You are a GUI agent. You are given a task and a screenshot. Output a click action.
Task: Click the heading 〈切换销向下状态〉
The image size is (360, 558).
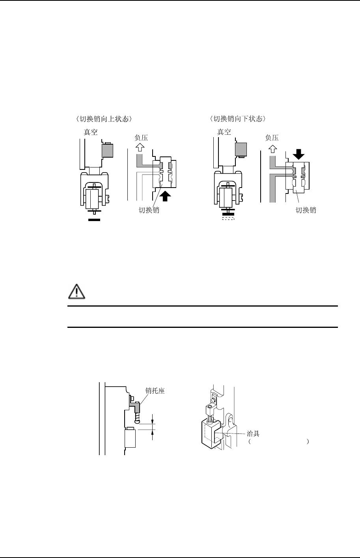click(239, 119)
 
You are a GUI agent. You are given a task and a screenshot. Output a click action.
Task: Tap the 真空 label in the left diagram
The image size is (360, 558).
click(91, 132)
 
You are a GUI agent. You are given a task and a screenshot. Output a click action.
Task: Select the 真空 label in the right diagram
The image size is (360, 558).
click(224, 132)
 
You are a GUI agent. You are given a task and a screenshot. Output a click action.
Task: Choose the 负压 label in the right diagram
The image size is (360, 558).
click(272, 138)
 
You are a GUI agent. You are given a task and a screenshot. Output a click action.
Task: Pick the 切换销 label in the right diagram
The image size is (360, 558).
click(306, 210)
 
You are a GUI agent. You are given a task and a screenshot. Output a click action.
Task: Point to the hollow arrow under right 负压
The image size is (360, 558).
click(272, 149)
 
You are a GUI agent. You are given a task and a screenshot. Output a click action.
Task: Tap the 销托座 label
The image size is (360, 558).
click(155, 391)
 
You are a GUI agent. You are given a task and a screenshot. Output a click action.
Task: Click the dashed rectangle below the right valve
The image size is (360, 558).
click(228, 218)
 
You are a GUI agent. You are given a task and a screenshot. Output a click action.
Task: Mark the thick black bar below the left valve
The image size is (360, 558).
click(95, 219)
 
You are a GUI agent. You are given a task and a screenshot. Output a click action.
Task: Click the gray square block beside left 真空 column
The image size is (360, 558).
click(107, 150)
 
